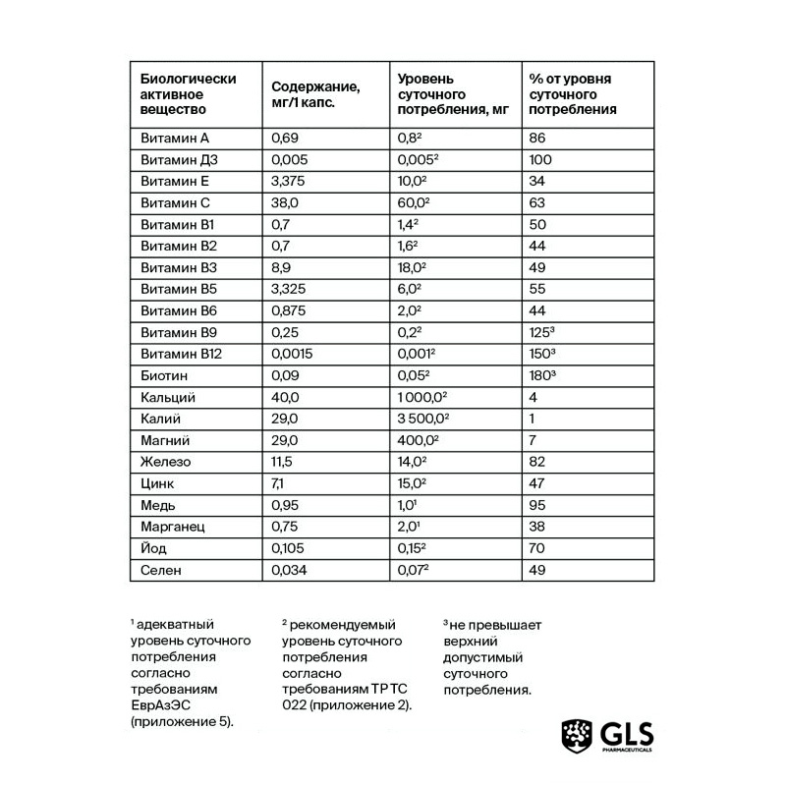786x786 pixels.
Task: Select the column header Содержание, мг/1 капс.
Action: tap(313, 94)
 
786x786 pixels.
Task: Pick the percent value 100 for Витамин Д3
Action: tap(539, 160)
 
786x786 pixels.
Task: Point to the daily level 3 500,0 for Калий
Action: tap(422, 419)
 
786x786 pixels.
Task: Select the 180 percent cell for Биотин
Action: tap(543, 375)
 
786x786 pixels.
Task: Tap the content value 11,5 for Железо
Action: tap(285, 462)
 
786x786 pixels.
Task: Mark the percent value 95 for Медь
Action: tap(536, 505)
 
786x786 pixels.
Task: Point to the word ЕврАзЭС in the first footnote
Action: tap(158, 705)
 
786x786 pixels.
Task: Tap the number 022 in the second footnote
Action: tap(295, 705)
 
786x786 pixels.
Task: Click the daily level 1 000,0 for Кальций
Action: tap(421, 397)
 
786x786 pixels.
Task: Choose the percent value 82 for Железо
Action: tap(536, 462)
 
